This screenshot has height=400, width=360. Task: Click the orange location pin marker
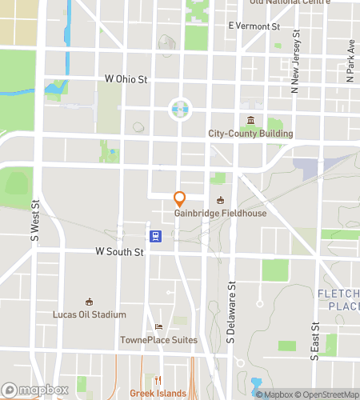[x=180, y=198]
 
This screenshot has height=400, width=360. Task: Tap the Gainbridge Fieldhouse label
[x=221, y=214]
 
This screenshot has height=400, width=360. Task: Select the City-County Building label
[x=250, y=134]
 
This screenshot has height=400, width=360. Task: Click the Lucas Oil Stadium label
[x=89, y=314]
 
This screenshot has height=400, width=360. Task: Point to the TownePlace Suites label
[x=158, y=340]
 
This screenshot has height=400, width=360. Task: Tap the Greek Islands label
[x=158, y=393]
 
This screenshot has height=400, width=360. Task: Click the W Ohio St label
[x=126, y=79]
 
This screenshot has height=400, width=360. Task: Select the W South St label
[x=119, y=251]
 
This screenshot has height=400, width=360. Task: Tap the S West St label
[x=35, y=222]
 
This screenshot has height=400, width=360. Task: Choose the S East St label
[x=315, y=341]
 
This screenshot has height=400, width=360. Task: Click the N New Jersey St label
[x=295, y=58]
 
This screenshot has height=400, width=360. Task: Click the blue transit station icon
[x=155, y=235]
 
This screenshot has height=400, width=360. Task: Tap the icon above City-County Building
[x=250, y=121]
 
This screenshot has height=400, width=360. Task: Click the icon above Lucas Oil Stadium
[x=89, y=302]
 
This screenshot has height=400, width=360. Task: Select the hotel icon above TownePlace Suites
[x=158, y=327]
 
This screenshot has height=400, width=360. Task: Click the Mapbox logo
[x=34, y=390]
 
